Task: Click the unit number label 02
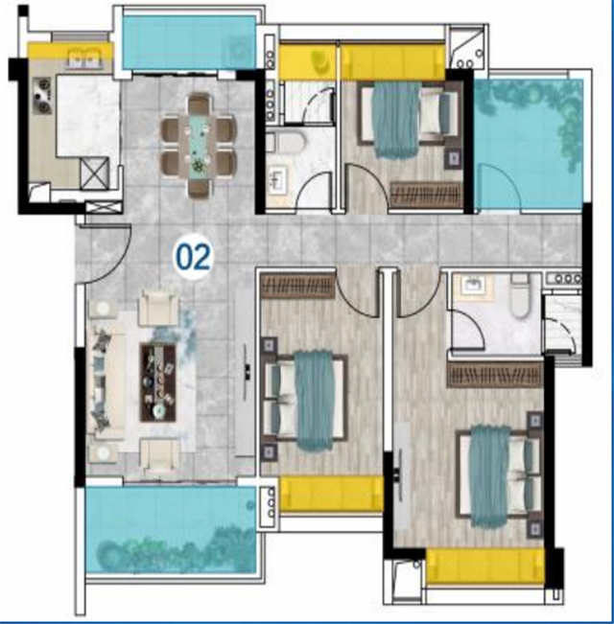(193, 258)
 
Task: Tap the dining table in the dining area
(200, 146)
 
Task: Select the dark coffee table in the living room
(158, 382)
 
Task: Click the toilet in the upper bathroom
(286, 143)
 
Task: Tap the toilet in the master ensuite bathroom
(520, 295)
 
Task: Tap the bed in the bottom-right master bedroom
(499, 475)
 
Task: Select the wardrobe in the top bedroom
(427, 195)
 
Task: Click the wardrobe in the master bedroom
(495, 374)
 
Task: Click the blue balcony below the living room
(171, 530)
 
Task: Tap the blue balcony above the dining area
(188, 42)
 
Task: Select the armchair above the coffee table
(159, 308)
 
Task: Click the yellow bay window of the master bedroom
(485, 566)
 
